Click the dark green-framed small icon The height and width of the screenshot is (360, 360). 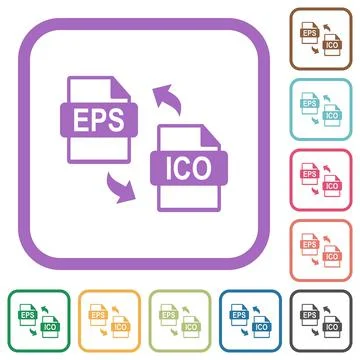[x=36, y=322]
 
